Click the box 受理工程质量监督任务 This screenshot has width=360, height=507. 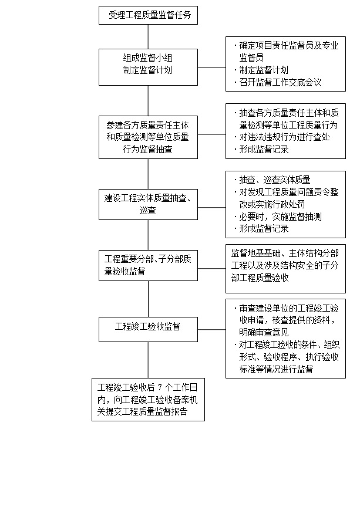[148, 15]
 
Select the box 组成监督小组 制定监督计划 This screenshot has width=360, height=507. [148, 67]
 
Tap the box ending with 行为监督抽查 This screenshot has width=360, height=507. [148, 137]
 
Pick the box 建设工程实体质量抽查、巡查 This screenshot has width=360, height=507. [148, 205]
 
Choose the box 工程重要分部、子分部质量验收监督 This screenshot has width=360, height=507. [148, 265]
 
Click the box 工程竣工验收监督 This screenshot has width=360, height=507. [148, 329]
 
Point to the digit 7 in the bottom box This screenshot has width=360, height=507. [159, 387]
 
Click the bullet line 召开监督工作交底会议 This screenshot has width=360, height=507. [278, 83]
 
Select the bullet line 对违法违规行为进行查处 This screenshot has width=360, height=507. [282, 137]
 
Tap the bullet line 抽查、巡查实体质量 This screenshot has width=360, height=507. [272, 180]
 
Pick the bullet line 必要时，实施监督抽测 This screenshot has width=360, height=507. [278, 217]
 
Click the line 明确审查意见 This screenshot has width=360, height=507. [264, 332]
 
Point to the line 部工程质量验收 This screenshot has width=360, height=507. [260, 278]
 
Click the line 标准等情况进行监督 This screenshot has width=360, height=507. [276, 369]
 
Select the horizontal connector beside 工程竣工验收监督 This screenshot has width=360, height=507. [212, 329]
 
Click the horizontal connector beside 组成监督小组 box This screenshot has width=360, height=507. [212, 67]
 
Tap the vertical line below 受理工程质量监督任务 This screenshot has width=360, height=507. [148, 37]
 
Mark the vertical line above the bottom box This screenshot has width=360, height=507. [148, 360]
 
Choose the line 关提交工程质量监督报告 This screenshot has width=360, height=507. [143, 411]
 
